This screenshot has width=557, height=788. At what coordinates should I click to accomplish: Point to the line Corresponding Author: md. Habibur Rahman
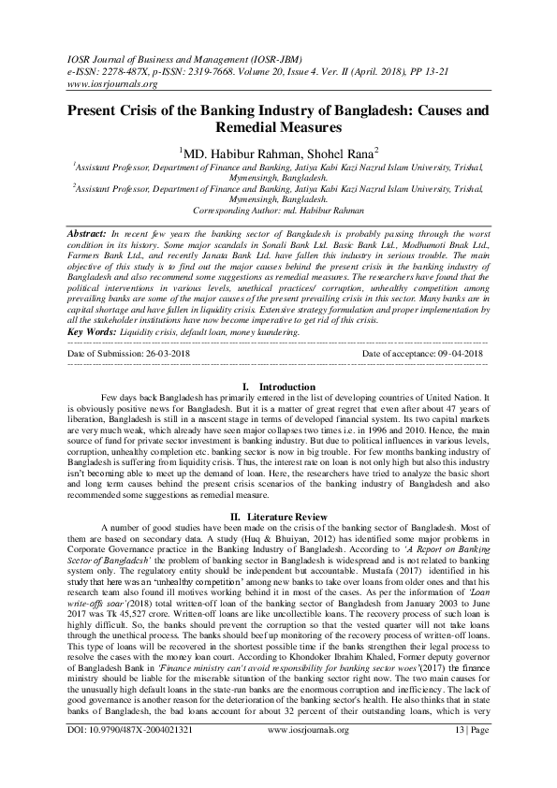pos(278,212)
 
